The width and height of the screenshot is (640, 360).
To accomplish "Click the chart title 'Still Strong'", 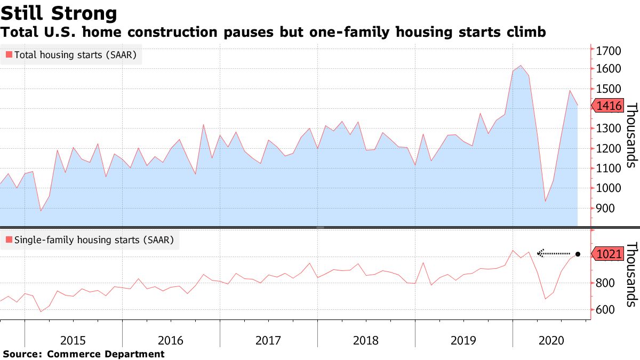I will click(x=59, y=12).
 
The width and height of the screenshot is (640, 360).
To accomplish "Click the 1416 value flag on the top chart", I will click(x=607, y=106).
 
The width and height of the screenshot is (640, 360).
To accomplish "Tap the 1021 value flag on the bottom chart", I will click(x=607, y=254).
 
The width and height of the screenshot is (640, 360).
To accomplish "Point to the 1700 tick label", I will click(x=607, y=51).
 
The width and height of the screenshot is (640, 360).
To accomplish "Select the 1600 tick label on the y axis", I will click(x=607, y=69).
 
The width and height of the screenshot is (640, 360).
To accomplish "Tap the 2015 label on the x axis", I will click(x=74, y=340).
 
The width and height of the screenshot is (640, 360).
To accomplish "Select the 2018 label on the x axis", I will click(x=366, y=340).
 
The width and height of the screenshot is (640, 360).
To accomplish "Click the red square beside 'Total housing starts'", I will click(x=9, y=54).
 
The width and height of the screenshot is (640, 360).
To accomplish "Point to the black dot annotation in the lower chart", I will click(x=578, y=254).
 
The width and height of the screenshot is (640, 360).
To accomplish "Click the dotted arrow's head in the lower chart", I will click(x=539, y=253).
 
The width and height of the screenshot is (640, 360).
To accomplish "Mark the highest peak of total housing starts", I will click(x=521, y=66).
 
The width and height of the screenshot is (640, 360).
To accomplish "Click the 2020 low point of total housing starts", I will click(x=545, y=202).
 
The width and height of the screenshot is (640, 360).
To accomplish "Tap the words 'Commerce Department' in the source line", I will click(x=106, y=354).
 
